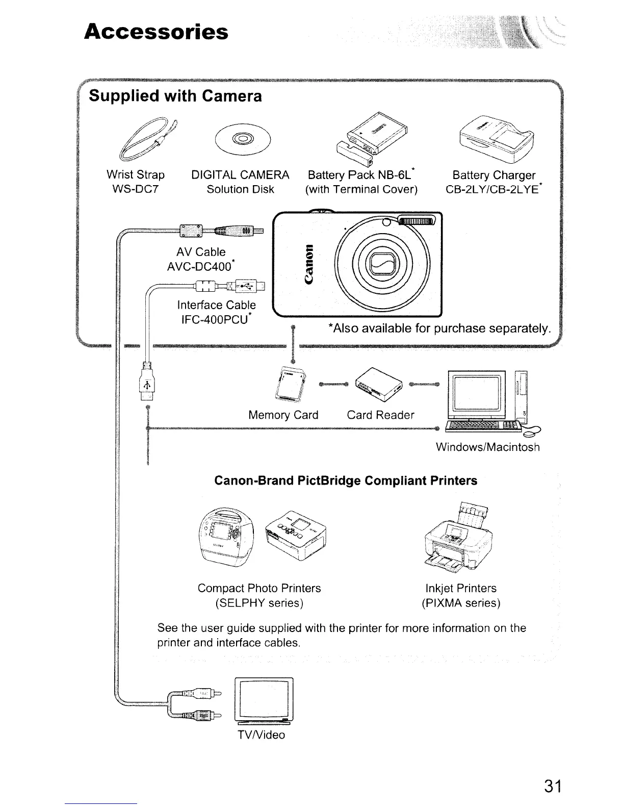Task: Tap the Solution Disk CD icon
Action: click(243, 139)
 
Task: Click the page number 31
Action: click(552, 786)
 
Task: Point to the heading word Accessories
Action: click(156, 32)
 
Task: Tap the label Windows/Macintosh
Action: click(487, 447)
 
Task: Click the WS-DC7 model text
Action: click(135, 190)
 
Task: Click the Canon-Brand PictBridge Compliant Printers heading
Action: click(346, 481)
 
